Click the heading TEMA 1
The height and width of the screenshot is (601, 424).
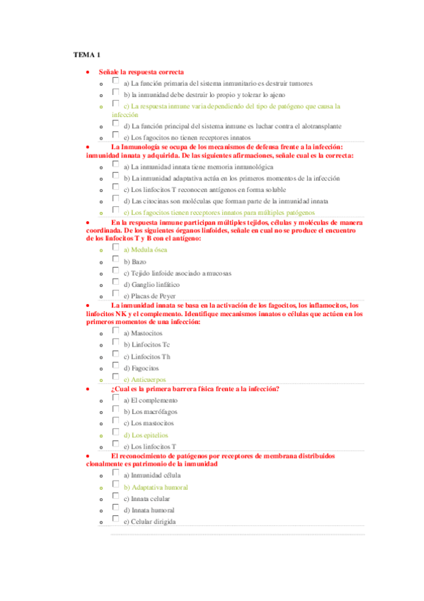88,55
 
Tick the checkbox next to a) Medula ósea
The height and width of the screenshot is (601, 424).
115,248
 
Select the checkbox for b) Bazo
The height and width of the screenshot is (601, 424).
115,260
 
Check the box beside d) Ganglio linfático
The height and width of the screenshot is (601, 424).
115,283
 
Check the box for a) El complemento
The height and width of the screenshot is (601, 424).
115,399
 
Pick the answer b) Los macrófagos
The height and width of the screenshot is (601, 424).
150,412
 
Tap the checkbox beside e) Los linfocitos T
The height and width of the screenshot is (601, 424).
115,445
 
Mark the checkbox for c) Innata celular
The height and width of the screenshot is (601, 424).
115,498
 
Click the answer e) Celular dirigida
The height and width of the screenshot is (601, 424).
149,522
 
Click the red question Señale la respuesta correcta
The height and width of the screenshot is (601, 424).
142,72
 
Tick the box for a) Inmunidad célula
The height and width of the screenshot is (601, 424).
115,473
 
